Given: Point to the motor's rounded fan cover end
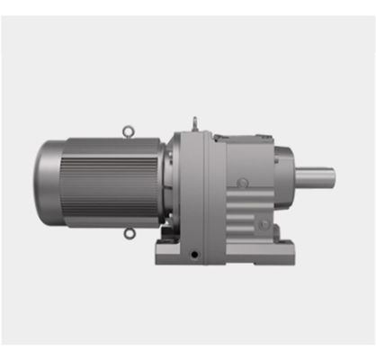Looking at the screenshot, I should pos(47,180).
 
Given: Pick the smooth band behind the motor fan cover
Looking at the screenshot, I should pos(66,180).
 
